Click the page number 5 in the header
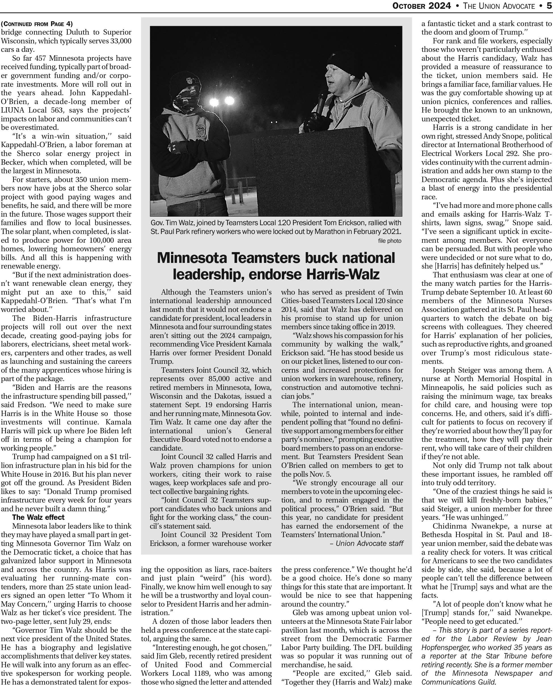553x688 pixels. tap(549, 5)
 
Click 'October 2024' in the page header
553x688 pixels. tap(421, 5)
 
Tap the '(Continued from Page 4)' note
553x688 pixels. tap(37, 24)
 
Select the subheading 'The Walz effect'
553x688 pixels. tap(38, 517)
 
